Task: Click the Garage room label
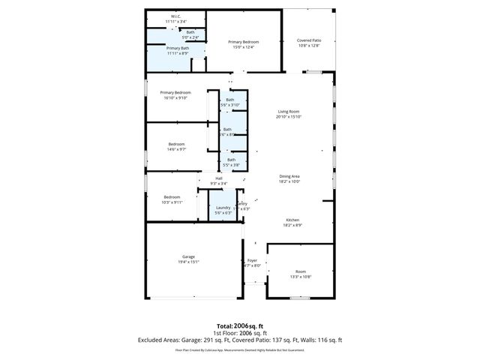188,256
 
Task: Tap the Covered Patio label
309,40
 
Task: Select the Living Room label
289,111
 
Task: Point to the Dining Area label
289,175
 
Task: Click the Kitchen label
292,220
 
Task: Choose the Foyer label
252,260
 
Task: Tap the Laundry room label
223,208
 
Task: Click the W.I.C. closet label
175,16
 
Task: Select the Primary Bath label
178,48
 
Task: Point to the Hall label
219,178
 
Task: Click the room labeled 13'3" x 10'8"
301,277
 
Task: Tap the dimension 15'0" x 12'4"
244,47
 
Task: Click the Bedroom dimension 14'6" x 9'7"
176,149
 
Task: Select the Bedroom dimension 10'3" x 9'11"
173,202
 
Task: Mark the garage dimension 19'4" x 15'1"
188,262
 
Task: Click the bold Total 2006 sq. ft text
240,326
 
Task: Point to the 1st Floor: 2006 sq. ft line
240,333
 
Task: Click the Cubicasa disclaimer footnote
240,349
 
